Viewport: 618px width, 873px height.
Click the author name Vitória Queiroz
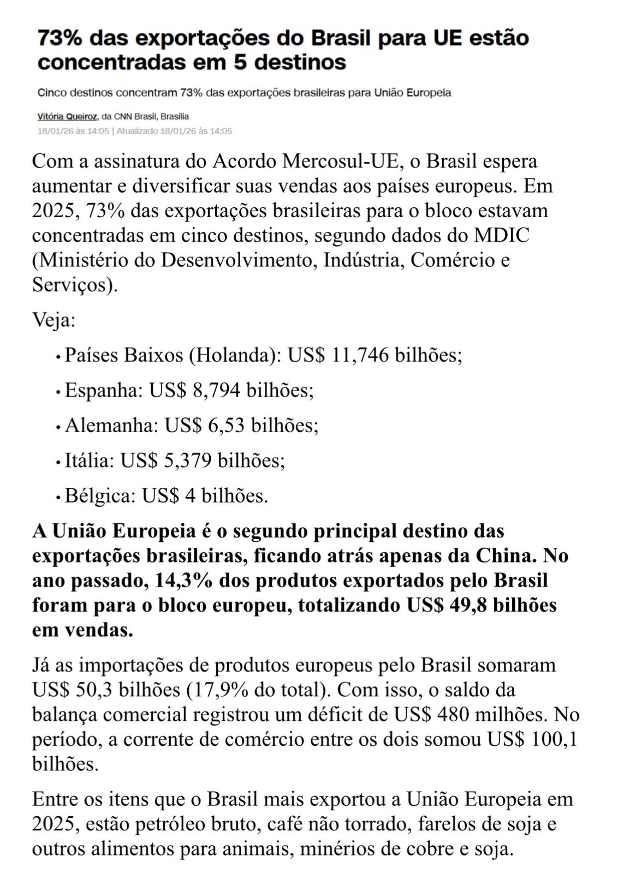pos(68,116)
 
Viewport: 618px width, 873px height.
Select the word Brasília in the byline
pos(175,116)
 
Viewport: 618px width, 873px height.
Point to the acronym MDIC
pos(501,235)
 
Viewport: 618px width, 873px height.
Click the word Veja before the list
pos(53,320)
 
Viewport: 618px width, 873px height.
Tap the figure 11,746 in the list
pos(360,355)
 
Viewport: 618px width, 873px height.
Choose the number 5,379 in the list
pos(187,461)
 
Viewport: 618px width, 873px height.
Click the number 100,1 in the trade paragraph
pos(554,739)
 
